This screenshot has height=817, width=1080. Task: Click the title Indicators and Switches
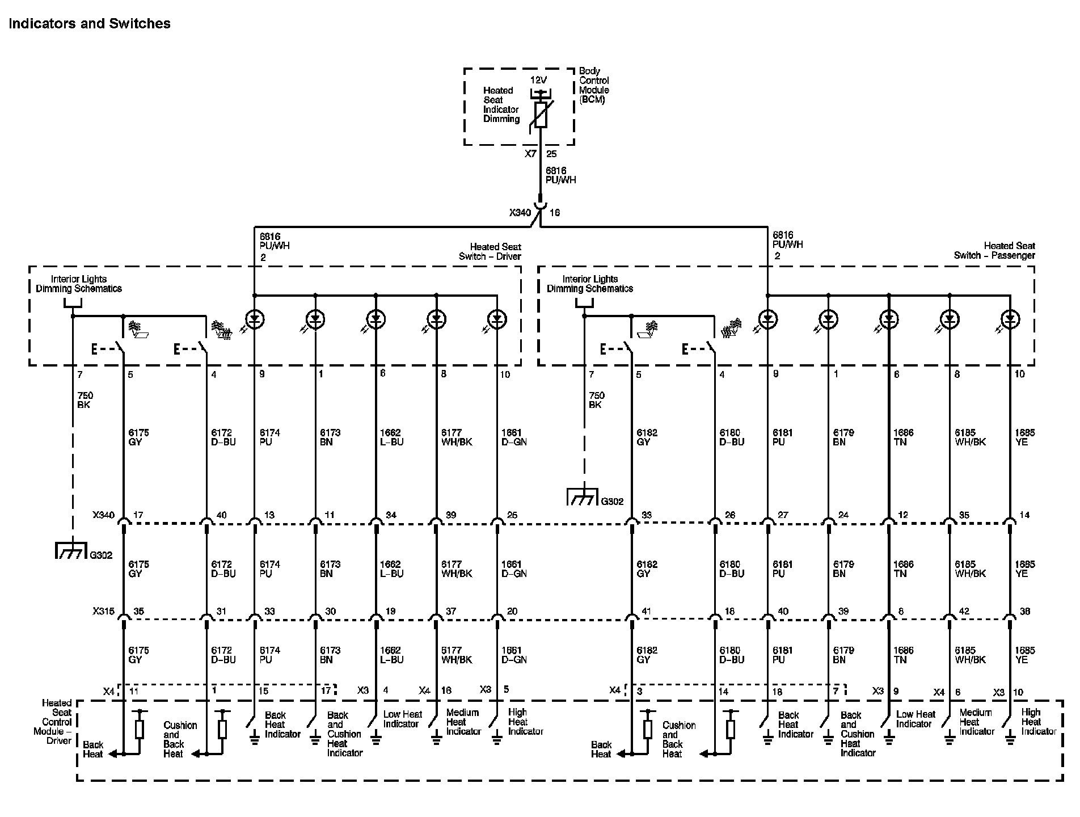click(90, 23)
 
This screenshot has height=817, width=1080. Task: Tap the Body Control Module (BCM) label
click(594, 86)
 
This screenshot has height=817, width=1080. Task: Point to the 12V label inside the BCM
click(539, 80)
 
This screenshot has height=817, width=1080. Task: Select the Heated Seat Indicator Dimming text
click(501, 104)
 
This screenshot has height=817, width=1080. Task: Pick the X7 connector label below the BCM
click(530, 154)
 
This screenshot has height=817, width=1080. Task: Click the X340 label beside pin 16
click(520, 213)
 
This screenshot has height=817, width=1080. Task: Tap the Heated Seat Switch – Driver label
click(490, 251)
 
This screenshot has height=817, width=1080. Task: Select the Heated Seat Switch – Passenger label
click(994, 250)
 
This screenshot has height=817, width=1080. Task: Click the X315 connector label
click(103, 612)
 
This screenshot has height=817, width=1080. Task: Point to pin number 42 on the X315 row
click(964, 612)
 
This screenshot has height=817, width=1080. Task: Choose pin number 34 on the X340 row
click(391, 515)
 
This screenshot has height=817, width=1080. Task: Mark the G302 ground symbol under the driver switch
click(70, 551)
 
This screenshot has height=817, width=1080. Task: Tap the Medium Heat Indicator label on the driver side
click(463, 722)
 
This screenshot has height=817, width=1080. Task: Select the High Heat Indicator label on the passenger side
click(1038, 722)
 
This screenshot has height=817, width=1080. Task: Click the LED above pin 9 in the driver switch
click(255, 319)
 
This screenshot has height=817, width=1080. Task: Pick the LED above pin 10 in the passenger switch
click(1010, 319)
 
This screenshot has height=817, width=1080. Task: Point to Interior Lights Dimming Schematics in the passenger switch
click(589, 284)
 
